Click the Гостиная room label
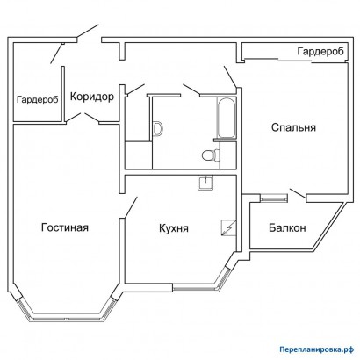[x=65, y=228]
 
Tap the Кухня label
[x=176, y=228]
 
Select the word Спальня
[x=292, y=127]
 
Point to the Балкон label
[x=287, y=228]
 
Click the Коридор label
[x=92, y=97]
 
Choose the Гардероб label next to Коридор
[x=38, y=100]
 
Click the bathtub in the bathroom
[x=225, y=119]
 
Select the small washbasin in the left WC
[x=157, y=128]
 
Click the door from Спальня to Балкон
[x=294, y=190]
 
